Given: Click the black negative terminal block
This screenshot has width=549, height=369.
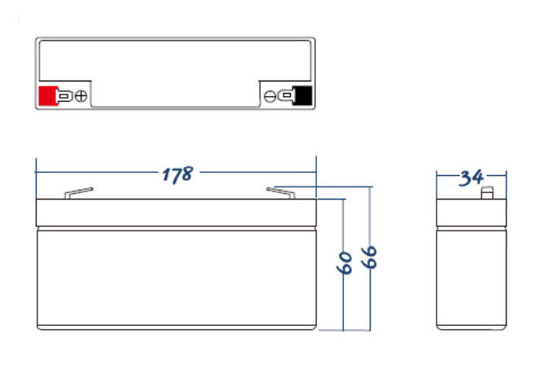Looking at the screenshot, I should [302, 96].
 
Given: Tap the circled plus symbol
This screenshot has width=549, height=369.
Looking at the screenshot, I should [81, 97].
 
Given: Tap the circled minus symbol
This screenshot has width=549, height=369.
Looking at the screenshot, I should [270, 97].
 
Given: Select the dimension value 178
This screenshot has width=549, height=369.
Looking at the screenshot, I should [176, 174].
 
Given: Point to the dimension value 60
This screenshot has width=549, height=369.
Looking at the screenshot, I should [344, 262].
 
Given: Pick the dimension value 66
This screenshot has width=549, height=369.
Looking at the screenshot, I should [370, 257].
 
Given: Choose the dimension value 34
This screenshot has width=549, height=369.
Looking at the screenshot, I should [471, 177].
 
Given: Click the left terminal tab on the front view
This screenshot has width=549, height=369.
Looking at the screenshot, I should [78, 193].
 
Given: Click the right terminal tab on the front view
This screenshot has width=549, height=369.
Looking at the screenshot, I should [279, 192].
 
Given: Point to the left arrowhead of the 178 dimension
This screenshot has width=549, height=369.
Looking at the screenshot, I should [40, 173].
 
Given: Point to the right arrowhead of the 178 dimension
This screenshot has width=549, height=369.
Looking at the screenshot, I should [312, 173].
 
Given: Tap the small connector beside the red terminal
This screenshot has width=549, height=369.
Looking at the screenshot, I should [64, 97].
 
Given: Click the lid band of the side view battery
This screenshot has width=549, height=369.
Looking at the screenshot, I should [471, 213].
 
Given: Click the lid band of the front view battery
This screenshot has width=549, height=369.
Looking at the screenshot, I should [176, 213].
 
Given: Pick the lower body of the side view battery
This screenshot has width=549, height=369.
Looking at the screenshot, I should [471, 277].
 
